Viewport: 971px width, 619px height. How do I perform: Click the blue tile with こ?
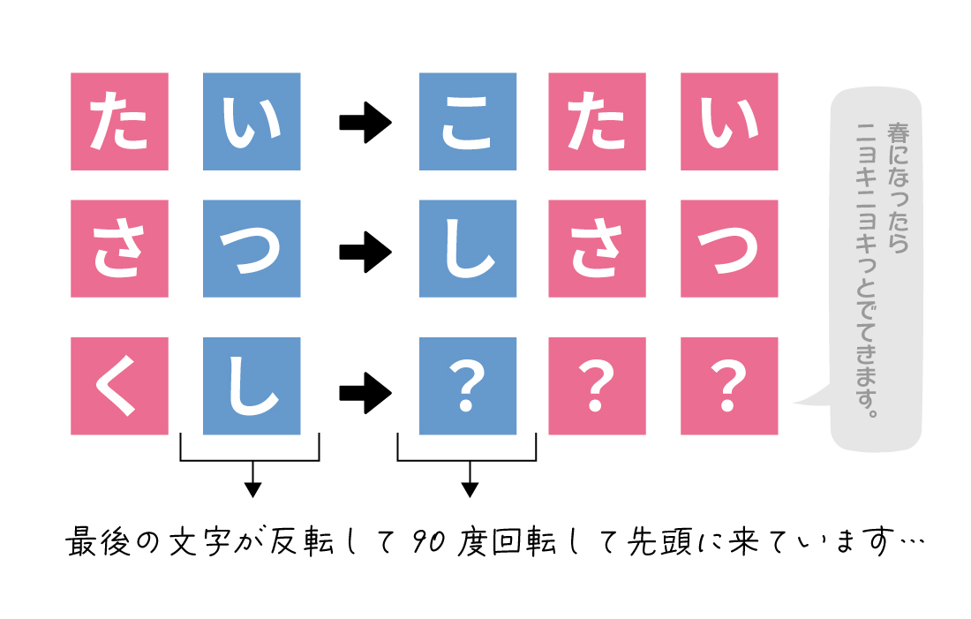pyautogui.click(x=468, y=122)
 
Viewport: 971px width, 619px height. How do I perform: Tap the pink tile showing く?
pyautogui.click(x=119, y=386)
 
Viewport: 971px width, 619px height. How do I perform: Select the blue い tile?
pyautogui.click(x=252, y=122)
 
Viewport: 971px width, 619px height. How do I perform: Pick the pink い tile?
pyautogui.click(x=729, y=122)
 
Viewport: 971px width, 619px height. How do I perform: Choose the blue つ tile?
pyautogui.click(x=252, y=248)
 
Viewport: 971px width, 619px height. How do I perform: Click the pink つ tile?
pyautogui.click(x=729, y=248)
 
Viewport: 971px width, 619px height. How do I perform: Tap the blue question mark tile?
pyautogui.click(x=468, y=386)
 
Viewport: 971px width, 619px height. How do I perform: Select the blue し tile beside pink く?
pyautogui.click(x=252, y=386)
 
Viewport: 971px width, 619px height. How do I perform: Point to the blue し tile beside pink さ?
pyautogui.click(x=468, y=248)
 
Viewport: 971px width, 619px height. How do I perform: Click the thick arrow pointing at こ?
pyautogui.click(x=365, y=123)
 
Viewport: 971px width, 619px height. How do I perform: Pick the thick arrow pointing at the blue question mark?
pyautogui.click(x=365, y=393)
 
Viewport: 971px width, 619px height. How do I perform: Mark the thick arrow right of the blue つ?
pyautogui.click(x=365, y=253)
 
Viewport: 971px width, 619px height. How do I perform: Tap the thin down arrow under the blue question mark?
pyautogui.click(x=470, y=479)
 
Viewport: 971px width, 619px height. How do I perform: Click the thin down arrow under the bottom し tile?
pyautogui.click(x=252, y=479)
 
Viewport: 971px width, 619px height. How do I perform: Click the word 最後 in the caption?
pyautogui.click(x=98, y=541)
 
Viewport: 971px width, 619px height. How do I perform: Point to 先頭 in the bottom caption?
pyautogui.click(x=659, y=541)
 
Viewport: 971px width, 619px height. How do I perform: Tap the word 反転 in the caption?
pyautogui.click(x=302, y=541)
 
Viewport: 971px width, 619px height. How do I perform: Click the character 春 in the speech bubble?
pyautogui.click(x=898, y=133)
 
